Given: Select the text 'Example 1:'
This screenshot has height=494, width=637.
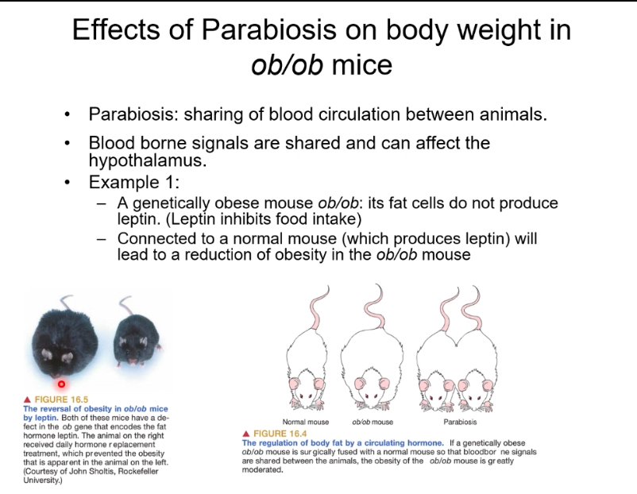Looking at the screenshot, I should point(134,182).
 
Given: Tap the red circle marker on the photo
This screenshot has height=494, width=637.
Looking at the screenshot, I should point(61,383).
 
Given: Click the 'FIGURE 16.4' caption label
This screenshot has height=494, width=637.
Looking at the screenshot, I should point(279,434).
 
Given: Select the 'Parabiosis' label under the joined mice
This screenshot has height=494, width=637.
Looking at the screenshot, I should point(460,422).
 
